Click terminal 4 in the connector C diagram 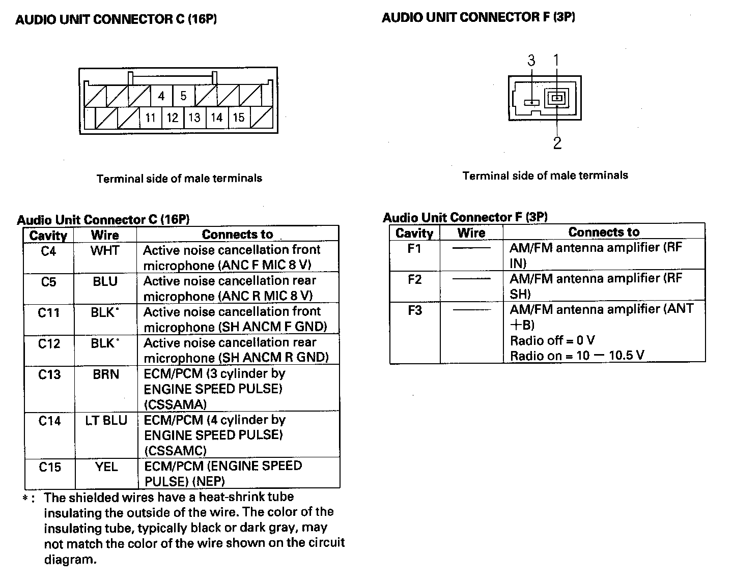pos(161,96)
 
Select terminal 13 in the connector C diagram pos(194,118)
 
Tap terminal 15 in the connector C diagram pos(239,118)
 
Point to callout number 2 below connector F pos(557,143)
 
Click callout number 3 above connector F pos(531,61)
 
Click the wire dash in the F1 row pos(471,248)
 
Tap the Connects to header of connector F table pos(604,232)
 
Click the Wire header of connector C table pos(105,235)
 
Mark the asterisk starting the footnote pos(25,499)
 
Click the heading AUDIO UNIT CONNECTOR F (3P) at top pos(478,17)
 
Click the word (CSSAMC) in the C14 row pos(176,451)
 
